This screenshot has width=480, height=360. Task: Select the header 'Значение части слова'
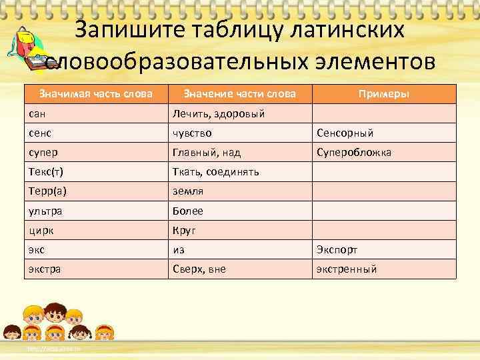tap(239, 94)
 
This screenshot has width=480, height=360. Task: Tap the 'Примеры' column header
tap(383, 94)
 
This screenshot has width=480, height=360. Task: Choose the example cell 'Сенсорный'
tap(345, 133)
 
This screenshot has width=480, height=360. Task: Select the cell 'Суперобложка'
tap(353, 153)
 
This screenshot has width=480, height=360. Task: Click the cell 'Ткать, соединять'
tap(216, 172)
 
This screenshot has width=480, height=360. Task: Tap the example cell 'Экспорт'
tap(337, 250)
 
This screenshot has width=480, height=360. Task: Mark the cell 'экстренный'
tap(347, 269)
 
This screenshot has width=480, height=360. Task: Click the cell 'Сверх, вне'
tap(199, 269)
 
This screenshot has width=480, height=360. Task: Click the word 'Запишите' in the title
tap(128, 30)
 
